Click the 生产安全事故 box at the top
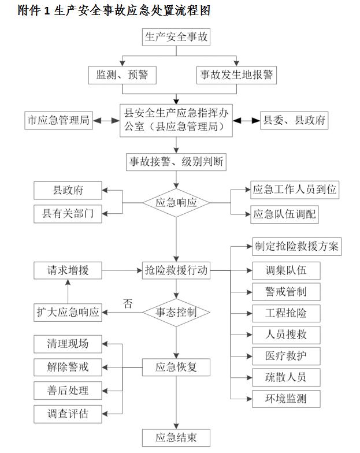[x=176, y=38]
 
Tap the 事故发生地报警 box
[x=236, y=75]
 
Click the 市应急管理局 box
[x=59, y=121]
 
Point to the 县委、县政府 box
[x=294, y=121]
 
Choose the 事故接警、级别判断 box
[x=176, y=162]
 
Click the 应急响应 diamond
[x=176, y=203]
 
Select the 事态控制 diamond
[x=176, y=313]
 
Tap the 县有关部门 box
[x=68, y=214]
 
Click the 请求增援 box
[x=68, y=270]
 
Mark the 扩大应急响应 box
[x=68, y=313]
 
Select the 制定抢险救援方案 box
[x=296, y=247]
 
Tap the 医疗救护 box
[x=285, y=356]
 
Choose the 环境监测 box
[x=285, y=398]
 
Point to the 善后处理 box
[x=68, y=391]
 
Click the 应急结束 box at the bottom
[x=176, y=437]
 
